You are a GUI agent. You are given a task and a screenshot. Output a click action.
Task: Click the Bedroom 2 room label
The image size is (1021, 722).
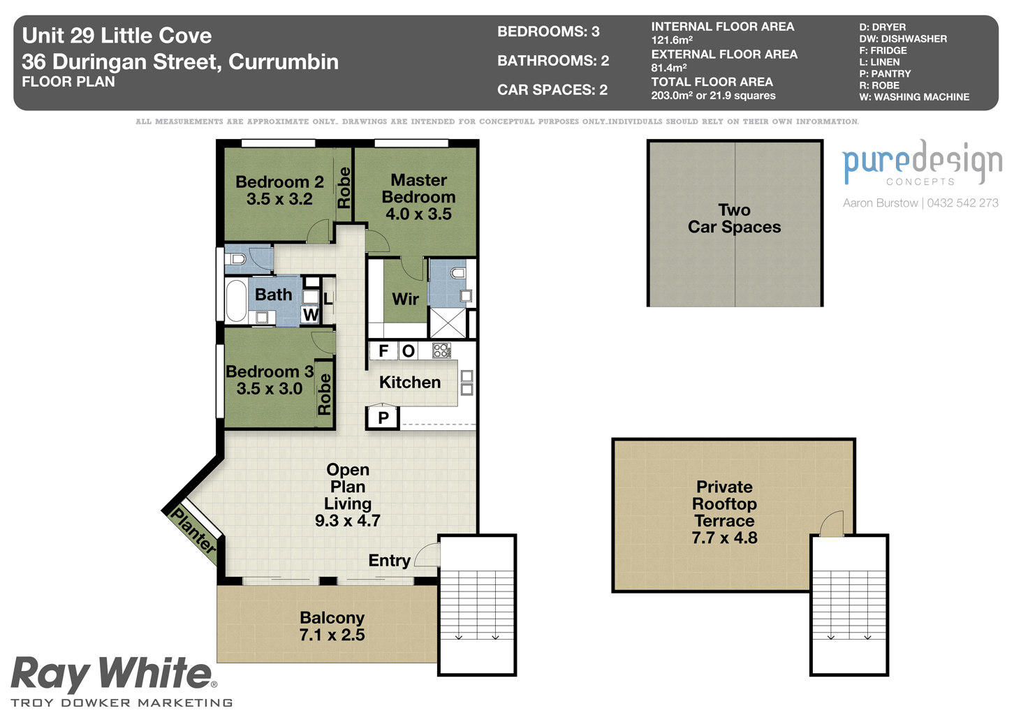[x=279, y=182]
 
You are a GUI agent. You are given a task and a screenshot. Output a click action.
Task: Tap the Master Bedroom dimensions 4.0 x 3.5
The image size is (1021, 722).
[x=418, y=214]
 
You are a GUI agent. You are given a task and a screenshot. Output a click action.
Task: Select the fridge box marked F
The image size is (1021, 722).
[x=383, y=351]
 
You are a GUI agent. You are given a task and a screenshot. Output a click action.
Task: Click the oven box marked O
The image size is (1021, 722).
[x=409, y=351]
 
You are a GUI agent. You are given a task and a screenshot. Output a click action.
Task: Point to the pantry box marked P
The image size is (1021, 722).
[x=383, y=418]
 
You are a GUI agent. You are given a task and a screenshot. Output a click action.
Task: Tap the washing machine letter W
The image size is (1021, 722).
[x=311, y=314]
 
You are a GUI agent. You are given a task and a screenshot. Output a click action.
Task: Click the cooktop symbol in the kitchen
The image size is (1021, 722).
[x=441, y=351]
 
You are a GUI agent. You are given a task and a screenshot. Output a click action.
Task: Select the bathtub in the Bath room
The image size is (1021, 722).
[x=236, y=301]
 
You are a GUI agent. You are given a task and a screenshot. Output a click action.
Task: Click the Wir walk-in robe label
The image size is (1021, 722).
[x=405, y=299]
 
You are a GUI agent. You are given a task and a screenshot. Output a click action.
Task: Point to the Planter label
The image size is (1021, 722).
[x=193, y=530]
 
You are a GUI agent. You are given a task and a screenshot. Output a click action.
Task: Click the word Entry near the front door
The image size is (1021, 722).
[x=389, y=561]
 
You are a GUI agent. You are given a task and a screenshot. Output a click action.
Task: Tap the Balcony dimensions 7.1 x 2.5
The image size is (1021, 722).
[x=332, y=635]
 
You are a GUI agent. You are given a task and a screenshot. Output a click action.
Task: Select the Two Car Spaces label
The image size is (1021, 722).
[x=734, y=219]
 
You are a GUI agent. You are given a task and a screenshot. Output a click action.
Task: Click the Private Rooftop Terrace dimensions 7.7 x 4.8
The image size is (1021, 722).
[x=724, y=538]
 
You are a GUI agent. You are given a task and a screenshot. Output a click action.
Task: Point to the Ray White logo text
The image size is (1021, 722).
[x=112, y=674]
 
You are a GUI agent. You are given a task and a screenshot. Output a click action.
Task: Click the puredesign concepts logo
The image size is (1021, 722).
[x=922, y=163]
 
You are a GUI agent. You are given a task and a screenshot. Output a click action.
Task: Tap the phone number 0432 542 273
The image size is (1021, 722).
[x=962, y=202]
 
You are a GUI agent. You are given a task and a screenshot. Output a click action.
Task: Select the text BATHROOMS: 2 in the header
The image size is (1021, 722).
[x=553, y=61]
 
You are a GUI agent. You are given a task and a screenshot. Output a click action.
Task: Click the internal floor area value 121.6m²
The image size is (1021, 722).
[x=672, y=40]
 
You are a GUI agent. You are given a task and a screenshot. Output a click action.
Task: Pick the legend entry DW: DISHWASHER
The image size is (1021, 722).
[x=903, y=38]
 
